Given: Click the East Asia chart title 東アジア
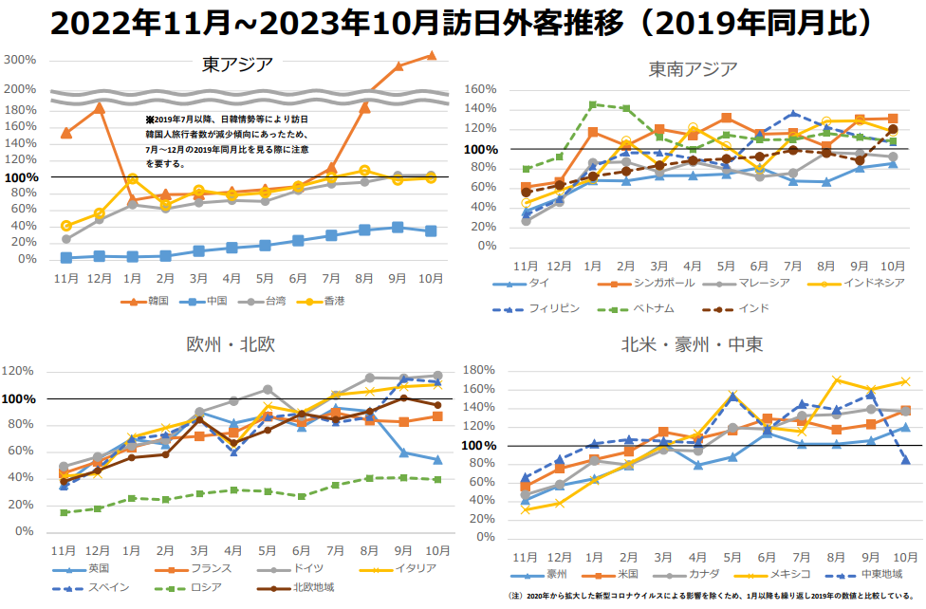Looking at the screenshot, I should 237,65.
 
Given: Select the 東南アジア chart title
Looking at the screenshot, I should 693,69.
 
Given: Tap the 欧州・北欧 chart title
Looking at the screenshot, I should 231,343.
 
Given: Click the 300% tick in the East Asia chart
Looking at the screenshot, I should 20,60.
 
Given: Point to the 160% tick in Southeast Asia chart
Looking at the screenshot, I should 480,89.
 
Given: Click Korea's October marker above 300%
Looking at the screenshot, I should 431,55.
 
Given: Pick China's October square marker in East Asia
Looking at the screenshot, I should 431,231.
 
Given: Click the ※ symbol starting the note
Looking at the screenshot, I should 149,120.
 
